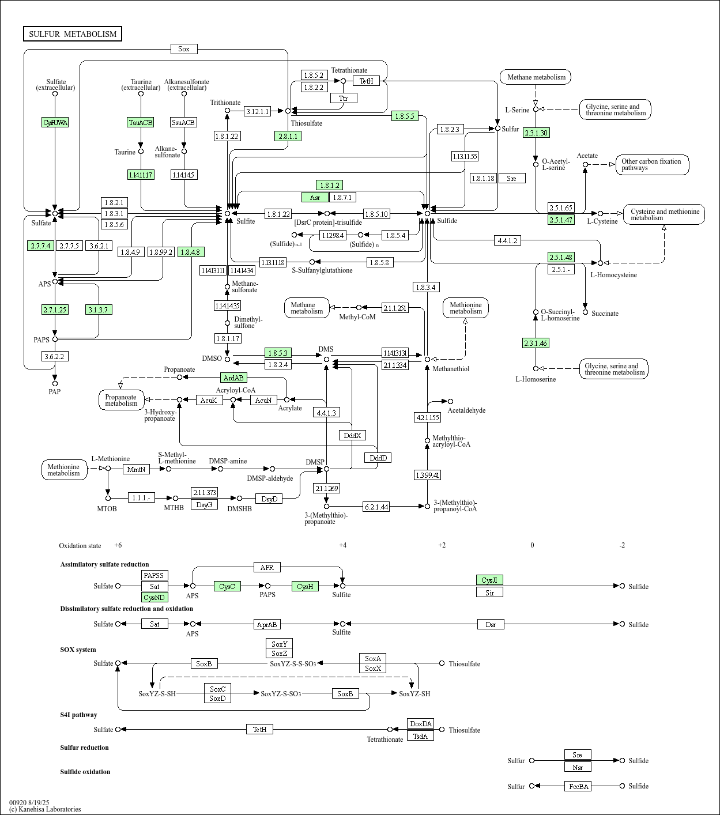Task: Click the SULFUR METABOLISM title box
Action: click(x=73, y=34)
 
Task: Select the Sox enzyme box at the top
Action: click(x=184, y=49)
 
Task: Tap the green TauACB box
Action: click(x=141, y=122)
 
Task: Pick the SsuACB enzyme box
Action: click(x=184, y=122)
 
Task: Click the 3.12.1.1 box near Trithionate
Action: click(x=257, y=111)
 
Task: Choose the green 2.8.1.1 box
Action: click(x=288, y=136)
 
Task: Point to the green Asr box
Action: click(x=315, y=197)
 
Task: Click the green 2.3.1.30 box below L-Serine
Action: click(x=536, y=133)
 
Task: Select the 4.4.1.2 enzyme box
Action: click(x=507, y=240)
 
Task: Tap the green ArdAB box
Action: click(x=233, y=378)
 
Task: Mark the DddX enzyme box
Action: click(x=352, y=435)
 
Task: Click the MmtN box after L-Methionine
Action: click(x=136, y=469)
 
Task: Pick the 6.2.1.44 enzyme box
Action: click(x=376, y=507)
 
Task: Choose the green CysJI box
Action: click(x=489, y=580)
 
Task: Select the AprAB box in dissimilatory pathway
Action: click(x=267, y=624)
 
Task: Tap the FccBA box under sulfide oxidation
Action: click(x=578, y=786)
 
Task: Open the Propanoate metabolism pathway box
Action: click(x=121, y=400)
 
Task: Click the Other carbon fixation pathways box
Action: click(x=651, y=164)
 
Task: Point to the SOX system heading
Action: click(x=78, y=650)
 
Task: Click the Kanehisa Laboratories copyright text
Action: click(x=45, y=809)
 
